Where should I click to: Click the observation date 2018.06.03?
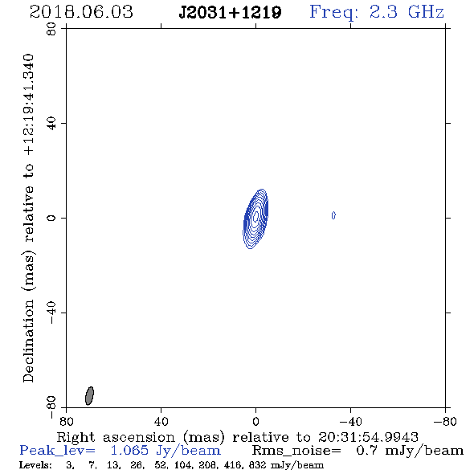click(81, 12)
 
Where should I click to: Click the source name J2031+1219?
click(230, 12)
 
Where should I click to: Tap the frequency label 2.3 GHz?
click(407, 12)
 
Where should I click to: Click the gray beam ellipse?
click(89, 395)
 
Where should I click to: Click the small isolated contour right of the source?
click(333, 215)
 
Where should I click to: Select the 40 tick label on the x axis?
click(161, 422)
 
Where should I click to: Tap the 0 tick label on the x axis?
click(255, 422)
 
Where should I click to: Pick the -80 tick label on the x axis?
click(445, 422)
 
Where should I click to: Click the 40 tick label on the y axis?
click(51, 124)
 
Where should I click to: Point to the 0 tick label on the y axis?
click(51, 218)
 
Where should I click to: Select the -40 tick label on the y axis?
click(51, 313)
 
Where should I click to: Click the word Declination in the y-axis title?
click(28, 341)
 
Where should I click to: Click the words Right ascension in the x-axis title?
click(116, 437)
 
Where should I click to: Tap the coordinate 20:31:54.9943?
click(368, 437)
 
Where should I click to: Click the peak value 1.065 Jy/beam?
click(165, 451)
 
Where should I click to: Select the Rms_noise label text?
click(296, 451)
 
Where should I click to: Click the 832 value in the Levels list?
click(257, 465)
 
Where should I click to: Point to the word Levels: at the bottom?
click(35, 465)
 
